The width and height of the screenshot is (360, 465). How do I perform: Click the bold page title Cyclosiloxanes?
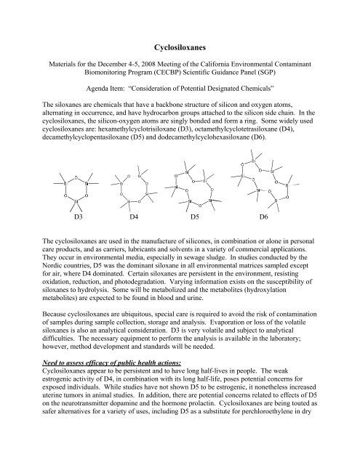coord(180,44)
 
